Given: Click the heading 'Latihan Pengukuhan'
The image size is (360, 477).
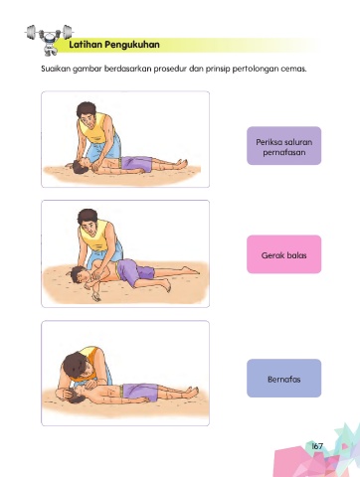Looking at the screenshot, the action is click(x=114, y=45).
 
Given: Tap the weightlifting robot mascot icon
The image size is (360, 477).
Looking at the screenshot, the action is click(x=49, y=39).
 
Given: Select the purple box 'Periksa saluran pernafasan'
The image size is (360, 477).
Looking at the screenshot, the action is click(x=284, y=146).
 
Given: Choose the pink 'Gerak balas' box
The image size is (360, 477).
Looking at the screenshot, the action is click(x=284, y=254).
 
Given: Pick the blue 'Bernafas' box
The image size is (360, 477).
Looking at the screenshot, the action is click(x=284, y=379).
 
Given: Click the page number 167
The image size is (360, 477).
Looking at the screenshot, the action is click(x=317, y=446).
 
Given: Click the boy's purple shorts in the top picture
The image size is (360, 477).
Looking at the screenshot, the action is click(x=136, y=165).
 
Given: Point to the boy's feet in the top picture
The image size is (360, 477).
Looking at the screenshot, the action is click(x=181, y=164).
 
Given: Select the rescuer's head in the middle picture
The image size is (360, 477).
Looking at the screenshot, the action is click(x=88, y=221).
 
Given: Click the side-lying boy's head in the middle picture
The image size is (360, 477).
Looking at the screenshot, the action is click(x=78, y=274).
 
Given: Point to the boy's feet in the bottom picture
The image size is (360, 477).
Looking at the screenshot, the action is click(x=192, y=392).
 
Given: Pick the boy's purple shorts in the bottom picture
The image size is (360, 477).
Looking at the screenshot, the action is click(x=140, y=393).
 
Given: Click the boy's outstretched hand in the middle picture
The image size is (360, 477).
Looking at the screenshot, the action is click(x=96, y=296).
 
